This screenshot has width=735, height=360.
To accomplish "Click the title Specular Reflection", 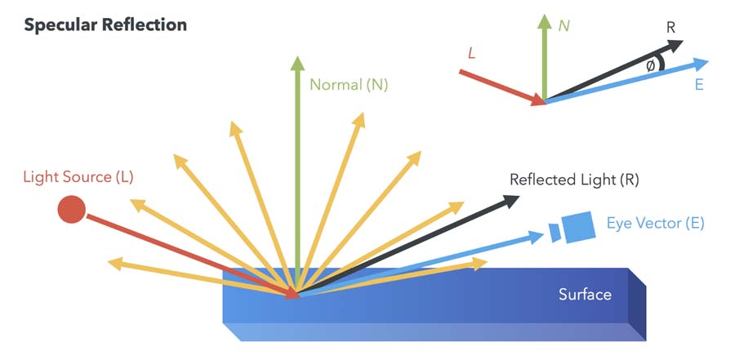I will pyautogui.click(x=105, y=25).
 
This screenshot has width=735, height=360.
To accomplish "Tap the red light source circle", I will pyautogui.click(x=71, y=210).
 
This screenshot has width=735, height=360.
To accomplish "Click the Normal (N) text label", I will pyautogui.click(x=350, y=84).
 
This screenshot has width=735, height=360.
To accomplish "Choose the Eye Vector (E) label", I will pyautogui.click(x=655, y=222).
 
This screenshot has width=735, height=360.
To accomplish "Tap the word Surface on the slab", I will pyautogui.click(x=585, y=294).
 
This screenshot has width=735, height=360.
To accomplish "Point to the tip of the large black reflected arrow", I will pyautogui.click(x=518, y=199).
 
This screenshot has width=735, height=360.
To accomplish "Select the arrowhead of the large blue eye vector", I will pyautogui.click(x=539, y=236).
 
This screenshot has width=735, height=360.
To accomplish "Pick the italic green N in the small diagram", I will pyautogui.click(x=563, y=25).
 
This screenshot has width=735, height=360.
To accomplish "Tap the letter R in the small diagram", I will pyautogui.click(x=670, y=27).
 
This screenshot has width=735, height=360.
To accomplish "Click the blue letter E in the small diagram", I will pyautogui.click(x=699, y=85).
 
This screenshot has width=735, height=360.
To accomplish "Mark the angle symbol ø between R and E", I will pyautogui.click(x=650, y=66).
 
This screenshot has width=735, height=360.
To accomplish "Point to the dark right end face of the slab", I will pyautogui.click(x=637, y=304).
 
